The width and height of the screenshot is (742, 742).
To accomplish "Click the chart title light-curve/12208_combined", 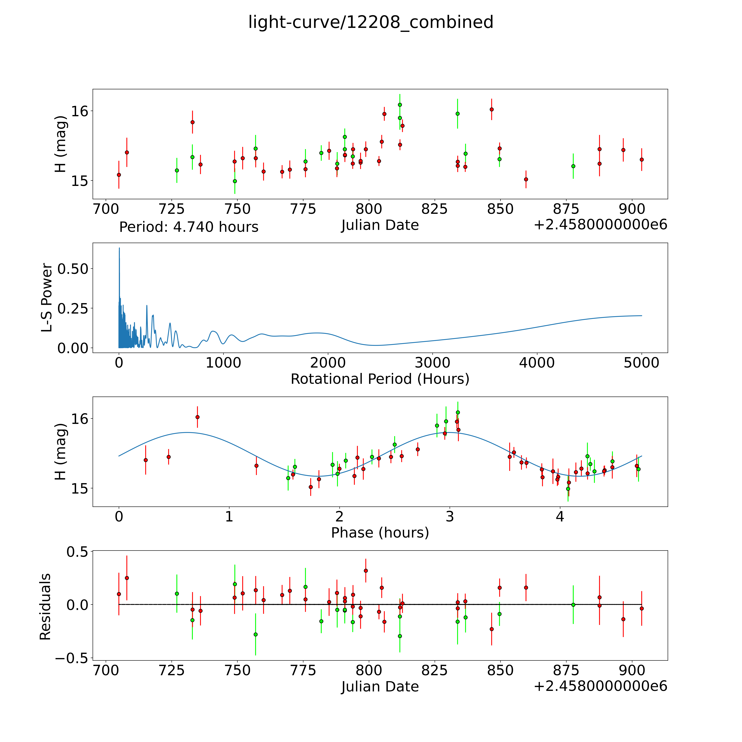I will (371, 22).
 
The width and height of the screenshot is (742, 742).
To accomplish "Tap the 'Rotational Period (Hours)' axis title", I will (380, 379).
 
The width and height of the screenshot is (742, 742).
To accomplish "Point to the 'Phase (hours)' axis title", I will (380, 533).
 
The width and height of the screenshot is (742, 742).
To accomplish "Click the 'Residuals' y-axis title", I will (45, 607).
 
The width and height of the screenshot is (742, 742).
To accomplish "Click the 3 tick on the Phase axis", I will (450, 517).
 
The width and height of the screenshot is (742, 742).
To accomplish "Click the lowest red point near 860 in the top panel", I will (526, 179).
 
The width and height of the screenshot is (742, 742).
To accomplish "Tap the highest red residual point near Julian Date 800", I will (366, 571).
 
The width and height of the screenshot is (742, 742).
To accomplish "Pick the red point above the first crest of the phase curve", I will (197, 417).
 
